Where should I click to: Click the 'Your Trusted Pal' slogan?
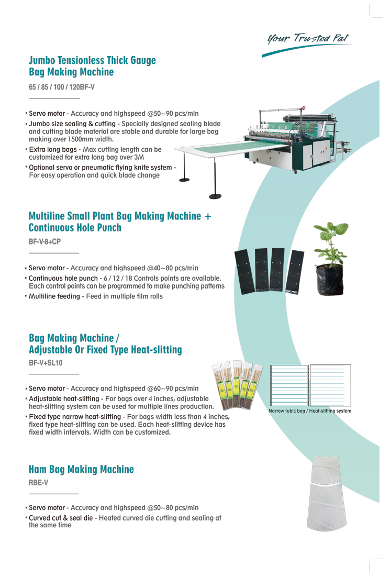308,38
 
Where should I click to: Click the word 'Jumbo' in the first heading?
42,60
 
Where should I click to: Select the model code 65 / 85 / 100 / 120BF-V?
62,87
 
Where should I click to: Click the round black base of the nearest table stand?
215,196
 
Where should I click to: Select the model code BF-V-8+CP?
45,242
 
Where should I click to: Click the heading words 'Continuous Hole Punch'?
75,228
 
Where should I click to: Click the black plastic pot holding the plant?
330,280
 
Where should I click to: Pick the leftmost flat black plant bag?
244,271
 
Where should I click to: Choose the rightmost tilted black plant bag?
295,272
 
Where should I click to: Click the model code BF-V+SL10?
46,363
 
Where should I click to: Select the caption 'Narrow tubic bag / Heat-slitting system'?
310,411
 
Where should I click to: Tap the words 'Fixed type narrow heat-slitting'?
75,417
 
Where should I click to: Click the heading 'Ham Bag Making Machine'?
81,470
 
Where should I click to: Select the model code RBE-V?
38,483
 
